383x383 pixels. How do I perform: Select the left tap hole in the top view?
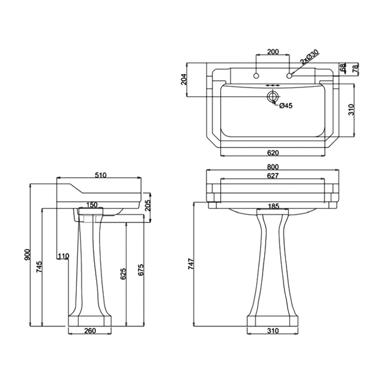256,76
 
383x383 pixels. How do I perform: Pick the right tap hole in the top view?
289,76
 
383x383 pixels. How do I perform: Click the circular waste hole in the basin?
273,96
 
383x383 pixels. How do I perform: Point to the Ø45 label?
285,106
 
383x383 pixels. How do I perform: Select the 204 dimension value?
184,79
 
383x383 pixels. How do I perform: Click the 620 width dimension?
272,153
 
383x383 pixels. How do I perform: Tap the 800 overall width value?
272,167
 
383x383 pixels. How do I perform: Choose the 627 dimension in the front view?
272,176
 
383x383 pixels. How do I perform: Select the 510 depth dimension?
100,175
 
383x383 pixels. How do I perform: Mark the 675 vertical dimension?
141,271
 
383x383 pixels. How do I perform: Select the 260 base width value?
90,331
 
